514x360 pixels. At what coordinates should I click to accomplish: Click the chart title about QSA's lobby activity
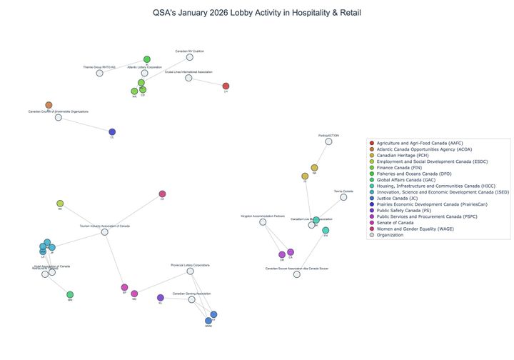coord(257,13)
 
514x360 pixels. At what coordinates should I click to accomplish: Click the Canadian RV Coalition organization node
coord(190,57)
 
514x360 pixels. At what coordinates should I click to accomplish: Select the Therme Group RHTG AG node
coord(99,73)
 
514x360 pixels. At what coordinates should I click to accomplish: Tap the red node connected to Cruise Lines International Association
coord(226,86)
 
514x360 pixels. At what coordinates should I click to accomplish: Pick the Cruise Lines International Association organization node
coord(188,78)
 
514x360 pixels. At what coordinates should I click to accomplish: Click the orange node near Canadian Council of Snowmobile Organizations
coord(49,105)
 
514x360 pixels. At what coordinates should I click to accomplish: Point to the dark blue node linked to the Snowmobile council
coord(112,132)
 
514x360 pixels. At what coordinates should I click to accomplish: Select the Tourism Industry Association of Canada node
coord(105,232)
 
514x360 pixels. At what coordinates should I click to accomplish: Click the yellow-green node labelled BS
coord(60,204)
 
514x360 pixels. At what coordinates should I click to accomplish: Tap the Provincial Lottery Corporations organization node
coord(190,271)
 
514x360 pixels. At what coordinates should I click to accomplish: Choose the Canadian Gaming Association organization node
coord(191,299)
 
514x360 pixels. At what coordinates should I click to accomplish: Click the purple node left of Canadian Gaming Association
coord(161,298)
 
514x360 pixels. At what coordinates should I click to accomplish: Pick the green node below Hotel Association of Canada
coord(70,294)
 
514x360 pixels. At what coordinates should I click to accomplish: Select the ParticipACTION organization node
coord(329,141)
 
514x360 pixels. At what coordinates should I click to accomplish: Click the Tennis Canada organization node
coord(343,197)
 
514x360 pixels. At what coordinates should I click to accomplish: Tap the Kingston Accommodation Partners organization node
coord(263,222)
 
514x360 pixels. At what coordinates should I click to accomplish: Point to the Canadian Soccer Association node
coord(297,274)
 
